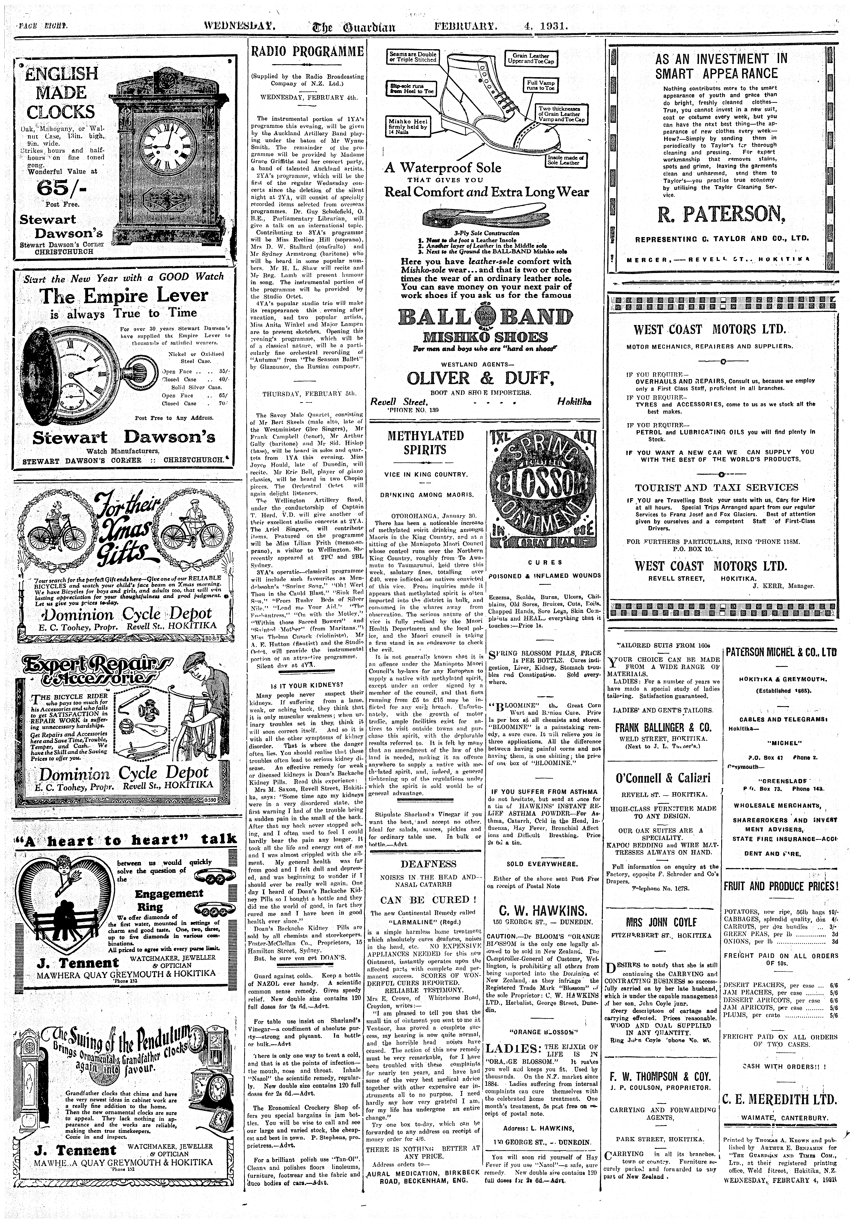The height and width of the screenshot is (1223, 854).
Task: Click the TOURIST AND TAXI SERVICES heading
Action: (x=716, y=487)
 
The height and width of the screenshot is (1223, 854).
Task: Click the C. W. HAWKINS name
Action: (x=544, y=909)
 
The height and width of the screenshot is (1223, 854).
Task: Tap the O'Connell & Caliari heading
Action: (x=663, y=778)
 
